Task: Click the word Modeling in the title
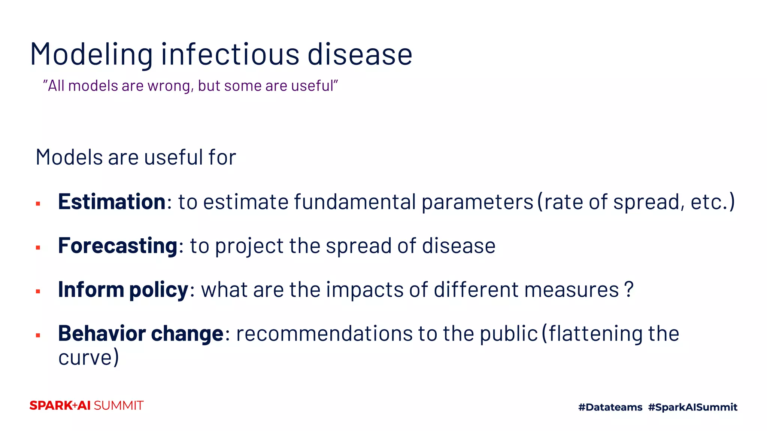tap(91, 55)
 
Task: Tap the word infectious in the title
tap(230, 55)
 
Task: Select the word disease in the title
tap(360, 55)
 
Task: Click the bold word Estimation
tap(112, 202)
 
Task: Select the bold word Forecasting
tap(118, 246)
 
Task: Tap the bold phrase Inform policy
tap(123, 290)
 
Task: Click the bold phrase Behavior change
tap(141, 334)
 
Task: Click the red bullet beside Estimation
tap(38, 204)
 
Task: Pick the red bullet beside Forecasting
tap(38, 248)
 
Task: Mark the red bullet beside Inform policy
tap(38, 291)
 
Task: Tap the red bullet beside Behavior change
tap(38, 335)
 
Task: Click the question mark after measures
tap(629, 290)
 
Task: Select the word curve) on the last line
tap(88, 358)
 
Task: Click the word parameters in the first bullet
tap(477, 203)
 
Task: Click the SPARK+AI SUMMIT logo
tap(87, 406)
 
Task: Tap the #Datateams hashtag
tap(610, 407)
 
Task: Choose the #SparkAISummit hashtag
tap(692, 407)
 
